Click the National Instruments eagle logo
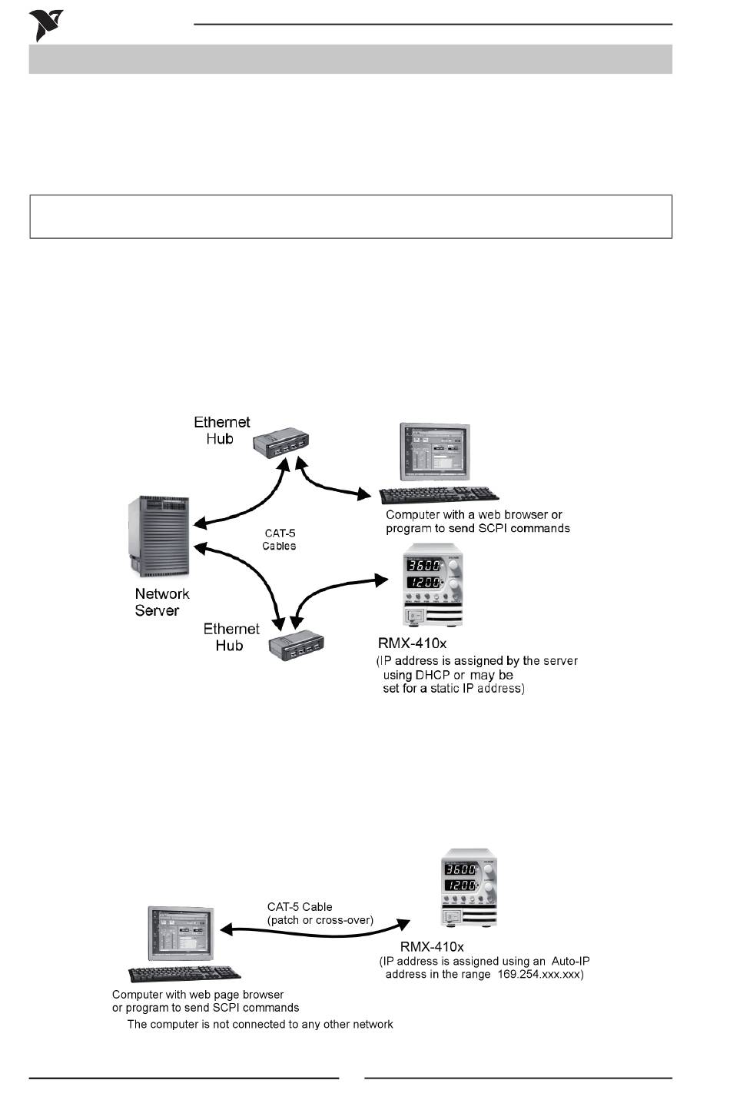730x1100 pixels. click(45, 25)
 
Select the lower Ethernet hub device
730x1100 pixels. click(297, 645)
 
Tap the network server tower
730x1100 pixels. click(159, 537)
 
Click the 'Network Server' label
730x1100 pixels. click(161, 602)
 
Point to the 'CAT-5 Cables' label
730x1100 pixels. click(280, 539)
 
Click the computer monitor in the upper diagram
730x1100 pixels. click(434, 451)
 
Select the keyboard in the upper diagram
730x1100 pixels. click(439, 495)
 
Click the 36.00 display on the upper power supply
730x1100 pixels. click(423, 566)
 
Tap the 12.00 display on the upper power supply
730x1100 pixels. click(423, 583)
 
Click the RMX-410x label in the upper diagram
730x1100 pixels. click(412, 643)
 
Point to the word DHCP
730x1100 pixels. click(433, 675)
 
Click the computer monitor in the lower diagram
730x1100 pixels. click(181, 933)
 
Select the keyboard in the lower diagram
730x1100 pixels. click(184, 974)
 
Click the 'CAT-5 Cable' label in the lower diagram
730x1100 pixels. click(300, 907)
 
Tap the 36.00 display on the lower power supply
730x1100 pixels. click(460, 869)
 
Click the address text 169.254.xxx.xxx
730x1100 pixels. click(539, 974)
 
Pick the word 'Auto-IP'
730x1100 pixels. click(570, 961)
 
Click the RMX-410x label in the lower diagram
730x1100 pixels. click(432, 947)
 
